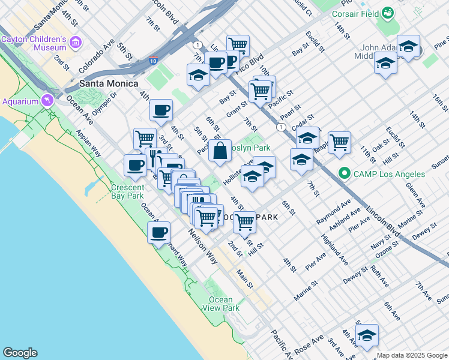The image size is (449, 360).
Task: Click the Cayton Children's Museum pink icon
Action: click(x=76, y=42)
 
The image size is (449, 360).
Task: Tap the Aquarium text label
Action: click(x=20, y=101)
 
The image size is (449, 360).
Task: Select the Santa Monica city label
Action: click(x=108, y=83)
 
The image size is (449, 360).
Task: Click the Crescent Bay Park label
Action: click(x=127, y=191)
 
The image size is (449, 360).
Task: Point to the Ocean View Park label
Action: click(x=220, y=304)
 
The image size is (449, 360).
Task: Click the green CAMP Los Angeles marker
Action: click(x=345, y=174)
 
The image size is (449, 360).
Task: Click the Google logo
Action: click(x=20, y=353)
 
